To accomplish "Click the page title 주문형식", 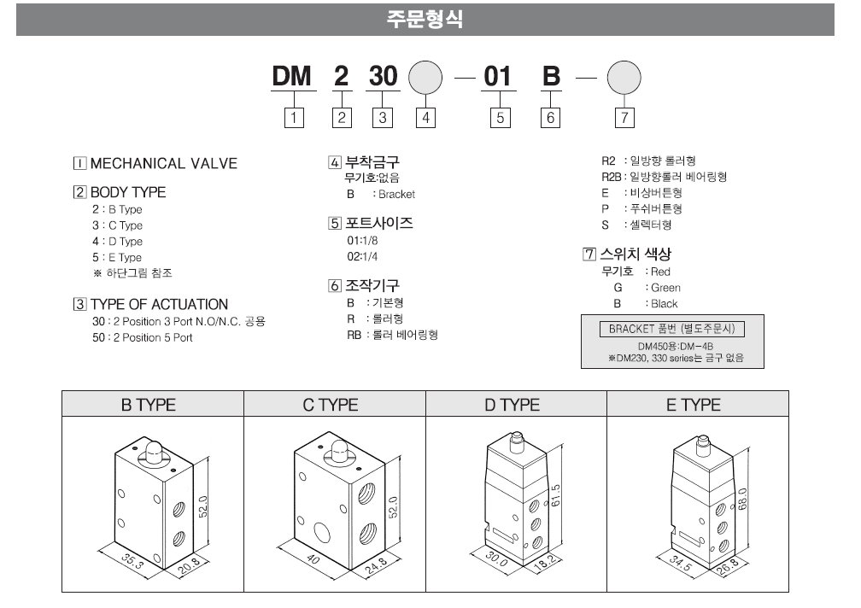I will click(425, 19).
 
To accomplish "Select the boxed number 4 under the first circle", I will click(425, 119).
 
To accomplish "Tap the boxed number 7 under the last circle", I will click(624, 119).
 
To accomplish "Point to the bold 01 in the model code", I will click(497, 77).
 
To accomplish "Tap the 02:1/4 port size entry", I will click(360, 256).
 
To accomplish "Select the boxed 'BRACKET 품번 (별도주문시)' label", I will click(672, 329).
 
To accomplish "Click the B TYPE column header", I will click(153, 405).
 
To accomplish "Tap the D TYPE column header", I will click(515, 405).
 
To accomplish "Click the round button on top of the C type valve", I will click(337, 450).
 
